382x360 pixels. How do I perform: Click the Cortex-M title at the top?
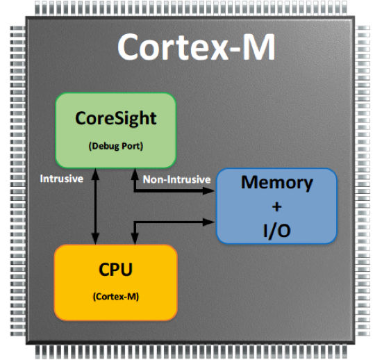[197, 47]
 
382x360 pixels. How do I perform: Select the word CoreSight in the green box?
[116, 119]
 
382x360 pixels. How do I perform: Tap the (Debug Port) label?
[116, 146]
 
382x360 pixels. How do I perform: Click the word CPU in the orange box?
[116, 270]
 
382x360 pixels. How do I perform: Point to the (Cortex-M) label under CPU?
[116, 297]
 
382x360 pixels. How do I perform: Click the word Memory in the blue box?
[276, 183]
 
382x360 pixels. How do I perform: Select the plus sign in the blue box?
[276, 207]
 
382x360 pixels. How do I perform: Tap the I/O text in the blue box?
[276, 230]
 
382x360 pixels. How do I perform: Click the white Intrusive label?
[62, 179]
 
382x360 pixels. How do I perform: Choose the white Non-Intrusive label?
[176, 179]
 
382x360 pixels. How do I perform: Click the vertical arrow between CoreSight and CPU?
[95, 206]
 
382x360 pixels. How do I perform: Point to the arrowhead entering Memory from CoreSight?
[208, 190]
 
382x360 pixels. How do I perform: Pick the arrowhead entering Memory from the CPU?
[208, 222]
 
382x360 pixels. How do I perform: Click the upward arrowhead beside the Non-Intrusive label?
[135, 174]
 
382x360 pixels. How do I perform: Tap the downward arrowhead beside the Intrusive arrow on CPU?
[135, 238]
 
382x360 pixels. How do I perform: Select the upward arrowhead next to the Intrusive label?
[95, 174]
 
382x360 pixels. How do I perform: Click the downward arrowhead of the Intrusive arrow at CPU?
[95, 238]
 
